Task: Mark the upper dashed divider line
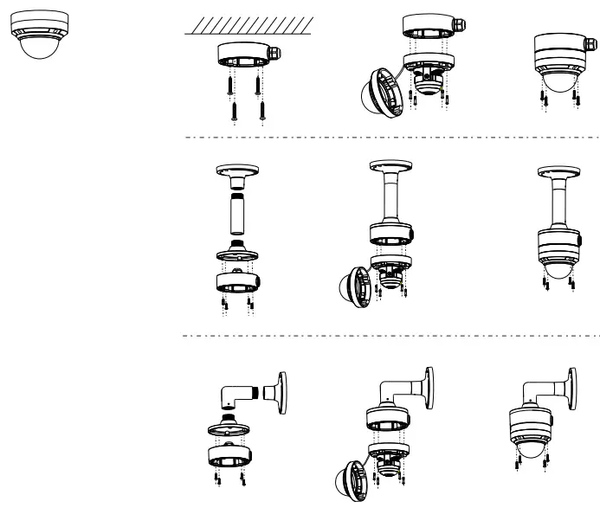click(390, 138)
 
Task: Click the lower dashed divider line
click(390, 334)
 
